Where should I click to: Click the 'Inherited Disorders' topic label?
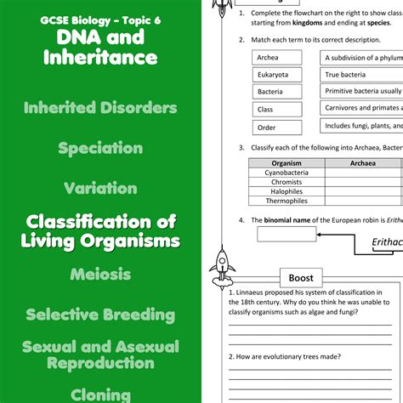(x=100, y=108)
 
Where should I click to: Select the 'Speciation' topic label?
(x=100, y=148)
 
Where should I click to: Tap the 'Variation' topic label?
(x=100, y=188)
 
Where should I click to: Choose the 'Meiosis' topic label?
(x=100, y=274)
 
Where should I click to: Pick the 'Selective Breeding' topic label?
(x=100, y=315)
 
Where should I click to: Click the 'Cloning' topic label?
(x=100, y=394)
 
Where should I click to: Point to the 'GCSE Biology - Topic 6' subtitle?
(x=100, y=18)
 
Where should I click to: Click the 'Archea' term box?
(x=277, y=58)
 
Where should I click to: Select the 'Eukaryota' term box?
(x=277, y=75)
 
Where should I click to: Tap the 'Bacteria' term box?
(x=277, y=92)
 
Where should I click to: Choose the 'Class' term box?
(x=277, y=110)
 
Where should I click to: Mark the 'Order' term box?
(x=277, y=128)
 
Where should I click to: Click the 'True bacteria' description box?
(x=361, y=75)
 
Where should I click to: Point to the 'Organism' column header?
(x=287, y=163)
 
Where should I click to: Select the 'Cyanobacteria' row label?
(x=287, y=172)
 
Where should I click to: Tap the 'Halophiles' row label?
(x=287, y=190)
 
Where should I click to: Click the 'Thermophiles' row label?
(x=287, y=201)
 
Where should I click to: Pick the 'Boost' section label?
(x=301, y=278)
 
